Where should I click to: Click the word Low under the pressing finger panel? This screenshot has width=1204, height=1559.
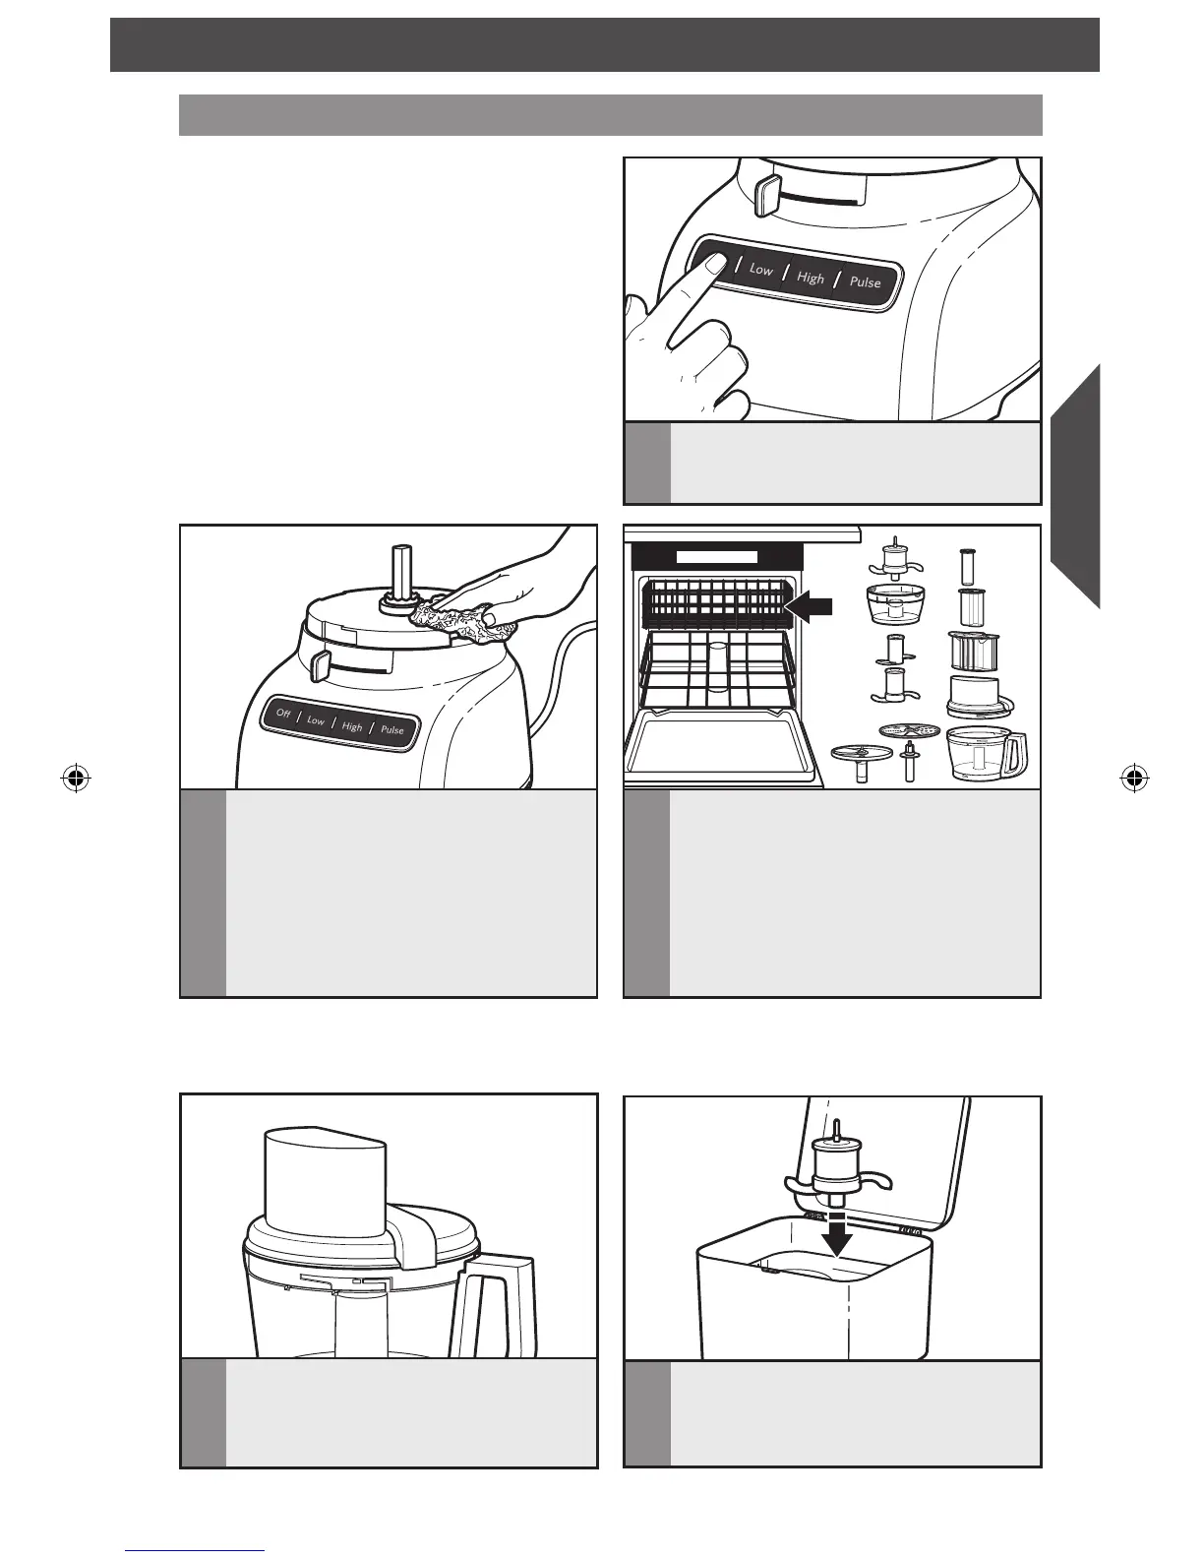[761, 269]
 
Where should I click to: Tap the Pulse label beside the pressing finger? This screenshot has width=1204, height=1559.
[866, 282]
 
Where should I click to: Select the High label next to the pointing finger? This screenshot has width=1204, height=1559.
[811, 278]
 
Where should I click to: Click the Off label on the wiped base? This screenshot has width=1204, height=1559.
[283, 714]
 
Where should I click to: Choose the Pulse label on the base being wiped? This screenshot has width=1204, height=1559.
[392, 730]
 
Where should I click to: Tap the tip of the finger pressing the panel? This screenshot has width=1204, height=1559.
[716, 263]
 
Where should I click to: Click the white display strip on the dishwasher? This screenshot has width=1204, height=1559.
[716, 556]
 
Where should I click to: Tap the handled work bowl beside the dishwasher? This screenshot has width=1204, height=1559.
[986, 755]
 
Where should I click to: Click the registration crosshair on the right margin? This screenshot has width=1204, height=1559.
[1134, 779]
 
